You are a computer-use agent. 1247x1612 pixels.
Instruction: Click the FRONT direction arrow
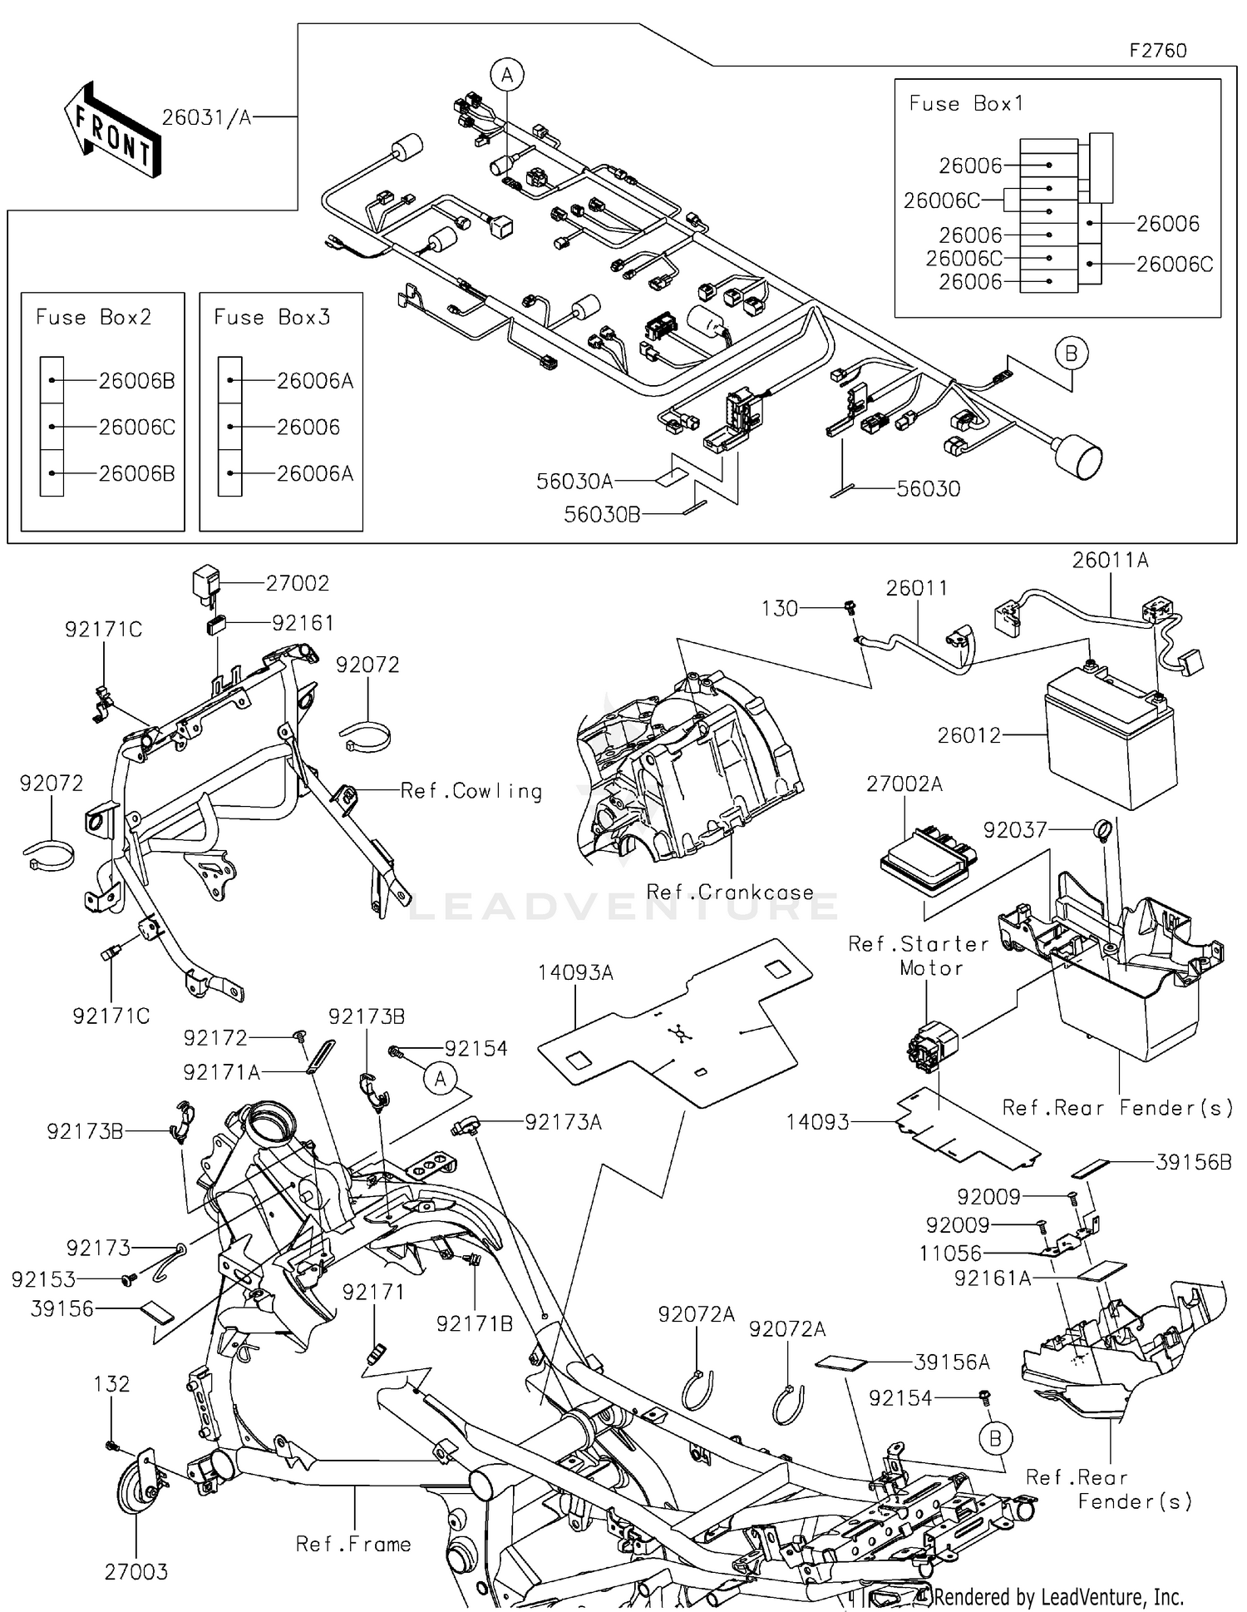(112, 131)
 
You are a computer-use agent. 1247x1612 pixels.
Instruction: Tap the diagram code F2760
(1157, 51)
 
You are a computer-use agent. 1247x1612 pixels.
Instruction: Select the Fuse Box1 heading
(966, 104)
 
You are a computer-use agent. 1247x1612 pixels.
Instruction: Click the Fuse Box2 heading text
(93, 318)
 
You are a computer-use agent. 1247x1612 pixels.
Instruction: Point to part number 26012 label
(969, 735)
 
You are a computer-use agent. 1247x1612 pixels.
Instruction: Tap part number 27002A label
(904, 784)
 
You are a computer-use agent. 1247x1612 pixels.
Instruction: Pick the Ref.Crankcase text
(730, 893)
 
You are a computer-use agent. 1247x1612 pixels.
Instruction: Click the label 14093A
(575, 972)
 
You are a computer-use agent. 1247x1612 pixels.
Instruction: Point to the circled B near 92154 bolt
(995, 1438)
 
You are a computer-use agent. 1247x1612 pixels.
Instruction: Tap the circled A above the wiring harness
(506, 76)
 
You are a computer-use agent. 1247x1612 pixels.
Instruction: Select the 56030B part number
(602, 515)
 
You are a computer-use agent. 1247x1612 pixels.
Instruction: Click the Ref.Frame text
(353, 1545)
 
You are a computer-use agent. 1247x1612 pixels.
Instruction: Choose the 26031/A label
(206, 118)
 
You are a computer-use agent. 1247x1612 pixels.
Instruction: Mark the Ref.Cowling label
(471, 791)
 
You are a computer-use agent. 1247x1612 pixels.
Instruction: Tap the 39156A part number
(952, 1362)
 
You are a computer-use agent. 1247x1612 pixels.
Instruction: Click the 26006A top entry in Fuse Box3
(315, 381)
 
